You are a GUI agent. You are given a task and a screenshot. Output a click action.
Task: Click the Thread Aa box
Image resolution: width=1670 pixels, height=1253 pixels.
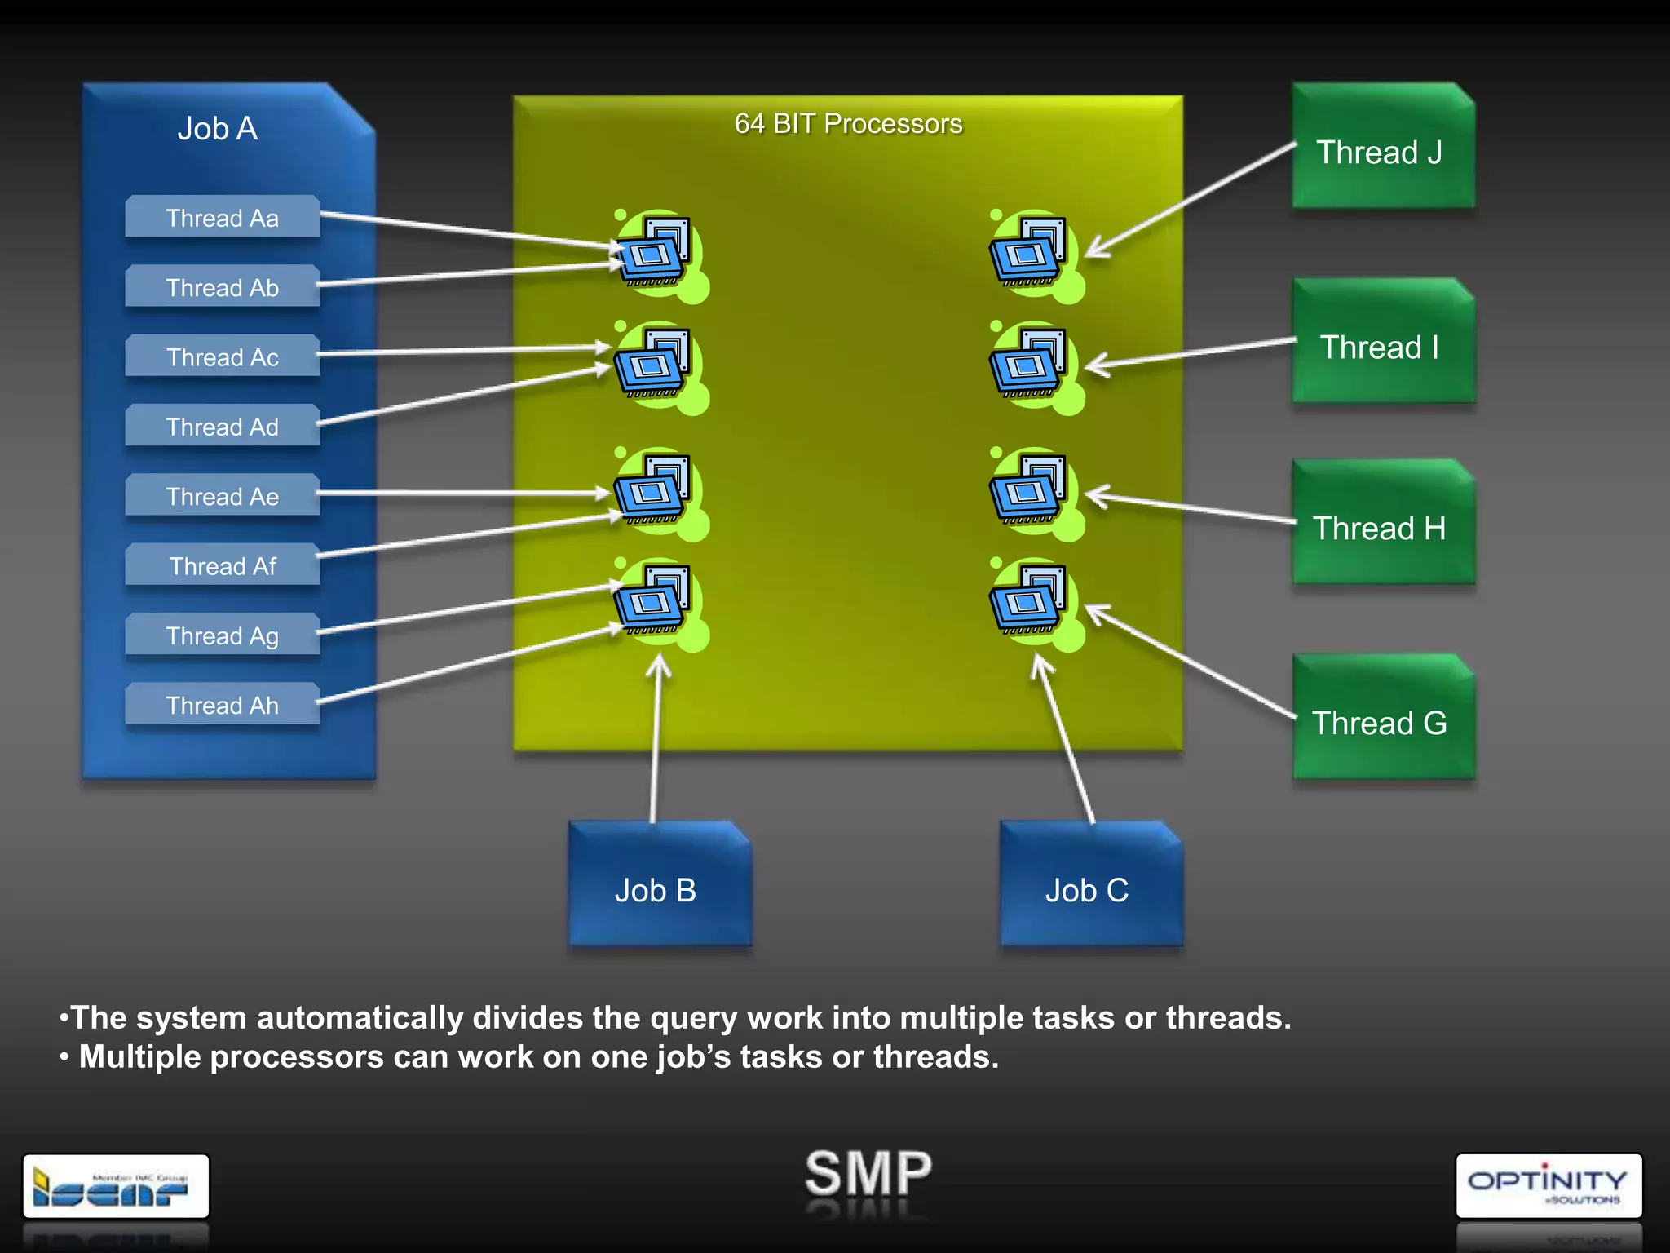pyautogui.click(x=222, y=218)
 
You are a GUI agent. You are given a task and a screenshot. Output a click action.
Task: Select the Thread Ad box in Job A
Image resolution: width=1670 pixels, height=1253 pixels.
pyautogui.click(x=222, y=427)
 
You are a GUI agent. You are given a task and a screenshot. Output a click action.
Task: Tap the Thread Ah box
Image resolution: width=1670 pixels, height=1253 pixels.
pyautogui.click(x=222, y=705)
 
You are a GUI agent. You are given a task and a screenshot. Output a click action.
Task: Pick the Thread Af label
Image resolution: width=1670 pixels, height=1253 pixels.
pyautogui.click(x=222, y=566)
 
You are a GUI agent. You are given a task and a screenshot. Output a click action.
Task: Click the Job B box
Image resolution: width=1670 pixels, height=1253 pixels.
pyautogui.click(x=658, y=889)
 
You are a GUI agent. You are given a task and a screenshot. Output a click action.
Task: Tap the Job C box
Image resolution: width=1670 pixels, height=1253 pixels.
pyautogui.click(x=1089, y=889)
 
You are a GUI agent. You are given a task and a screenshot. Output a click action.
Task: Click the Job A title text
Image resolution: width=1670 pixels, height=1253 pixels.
pyautogui.click(x=218, y=129)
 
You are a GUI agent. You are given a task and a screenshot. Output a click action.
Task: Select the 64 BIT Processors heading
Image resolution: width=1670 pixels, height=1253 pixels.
pyautogui.click(x=848, y=124)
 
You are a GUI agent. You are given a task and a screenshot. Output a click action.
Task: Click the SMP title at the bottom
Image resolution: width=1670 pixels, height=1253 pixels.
pyautogui.click(x=868, y=1173)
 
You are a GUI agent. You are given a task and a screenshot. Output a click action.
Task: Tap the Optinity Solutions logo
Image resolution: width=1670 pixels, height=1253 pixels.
pyautogui.click(x=1548, y=1185)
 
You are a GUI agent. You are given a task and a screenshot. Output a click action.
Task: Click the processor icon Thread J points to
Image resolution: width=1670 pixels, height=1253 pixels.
pyautogui.click(x=1029, y=252)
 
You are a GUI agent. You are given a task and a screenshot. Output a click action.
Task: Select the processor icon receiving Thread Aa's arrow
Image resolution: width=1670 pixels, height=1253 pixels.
pyautogui.click(x=655, y=252)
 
